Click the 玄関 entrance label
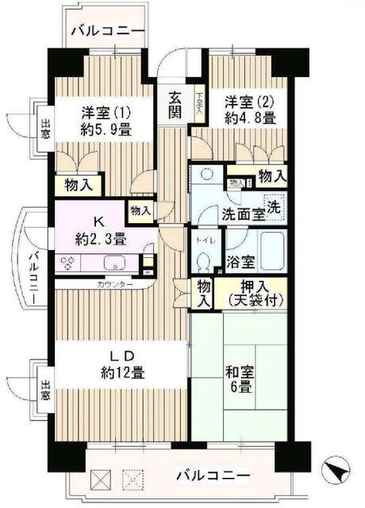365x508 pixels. click(175, 106)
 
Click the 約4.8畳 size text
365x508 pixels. click(250, 117)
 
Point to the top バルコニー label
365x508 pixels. click(106, 31)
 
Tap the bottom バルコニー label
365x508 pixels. click(213, 476)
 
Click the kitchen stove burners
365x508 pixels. click(67, 263)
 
